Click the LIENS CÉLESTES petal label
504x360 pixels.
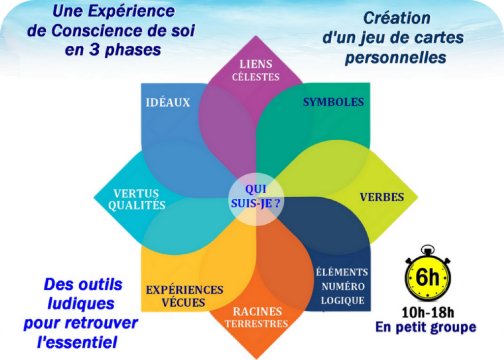coord(256,70)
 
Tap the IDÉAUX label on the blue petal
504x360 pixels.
coord(168,102)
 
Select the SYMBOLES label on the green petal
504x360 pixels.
coord(333,102)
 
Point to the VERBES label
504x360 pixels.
coord(382,197)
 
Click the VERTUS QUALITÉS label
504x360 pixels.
coord(137,199)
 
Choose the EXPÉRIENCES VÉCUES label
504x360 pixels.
coord(185,296)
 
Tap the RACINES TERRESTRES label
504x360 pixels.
coord(256,317)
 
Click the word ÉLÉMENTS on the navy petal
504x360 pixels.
coord(342,271)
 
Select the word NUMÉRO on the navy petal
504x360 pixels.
coord(343,286)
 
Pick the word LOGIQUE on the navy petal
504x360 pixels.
coord(343,300)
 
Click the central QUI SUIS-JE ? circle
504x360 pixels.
coord(256,199)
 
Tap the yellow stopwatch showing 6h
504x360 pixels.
coord(428,273)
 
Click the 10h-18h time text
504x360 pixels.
coord(428,312)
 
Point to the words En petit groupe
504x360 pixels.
coord(426,328)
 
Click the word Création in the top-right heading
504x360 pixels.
coord(397,18)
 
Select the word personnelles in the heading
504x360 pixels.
coord(395,58)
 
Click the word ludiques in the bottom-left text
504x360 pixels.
coord(81,303)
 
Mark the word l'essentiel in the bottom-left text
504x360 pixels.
coord(77,342)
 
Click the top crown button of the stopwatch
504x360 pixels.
coord(428,250)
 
